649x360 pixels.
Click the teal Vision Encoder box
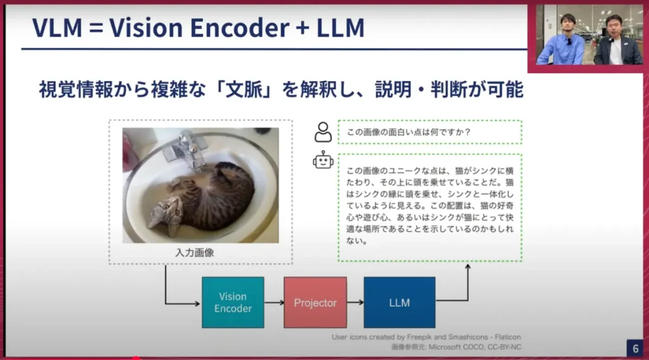(233, 302)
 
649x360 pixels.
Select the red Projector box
(316, 302)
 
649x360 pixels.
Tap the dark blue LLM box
(399, 302)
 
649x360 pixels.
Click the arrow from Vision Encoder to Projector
(274, 302)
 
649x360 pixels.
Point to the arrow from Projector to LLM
(355, 302)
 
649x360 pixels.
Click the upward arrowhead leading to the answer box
(468, 267)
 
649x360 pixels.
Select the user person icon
(323, 132)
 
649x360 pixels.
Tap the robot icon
(323, 160)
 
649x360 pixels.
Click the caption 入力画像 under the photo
(195, 252)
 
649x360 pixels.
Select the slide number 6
(635, 349)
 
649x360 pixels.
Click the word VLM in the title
(57, 28)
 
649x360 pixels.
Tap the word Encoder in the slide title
(240, 28)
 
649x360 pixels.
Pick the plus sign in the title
(302, 28)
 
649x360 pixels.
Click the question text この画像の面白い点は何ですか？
(409, 132)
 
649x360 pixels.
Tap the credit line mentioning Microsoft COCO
(456, 347)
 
